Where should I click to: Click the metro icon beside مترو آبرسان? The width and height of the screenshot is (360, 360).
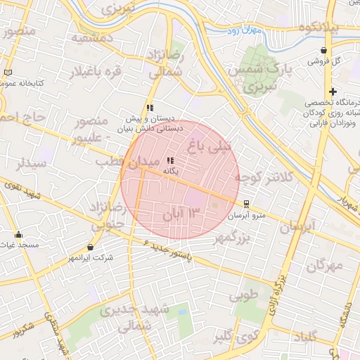point(245,204)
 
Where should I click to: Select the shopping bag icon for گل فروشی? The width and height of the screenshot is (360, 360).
point(323,50)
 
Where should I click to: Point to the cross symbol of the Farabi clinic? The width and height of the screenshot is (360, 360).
point(333,91)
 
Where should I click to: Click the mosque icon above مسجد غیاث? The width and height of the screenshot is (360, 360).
point(18,235)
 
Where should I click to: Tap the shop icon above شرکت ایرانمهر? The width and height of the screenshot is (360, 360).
point(91,247)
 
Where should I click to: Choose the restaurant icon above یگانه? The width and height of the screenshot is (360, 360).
point(172,161)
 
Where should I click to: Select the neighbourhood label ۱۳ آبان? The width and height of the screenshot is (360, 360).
point(182,212)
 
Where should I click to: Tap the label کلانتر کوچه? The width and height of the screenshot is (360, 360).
point(269,178)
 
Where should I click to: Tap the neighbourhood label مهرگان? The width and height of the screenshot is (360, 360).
point(324,266)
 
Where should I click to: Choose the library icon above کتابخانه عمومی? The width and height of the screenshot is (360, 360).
point(8,72)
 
